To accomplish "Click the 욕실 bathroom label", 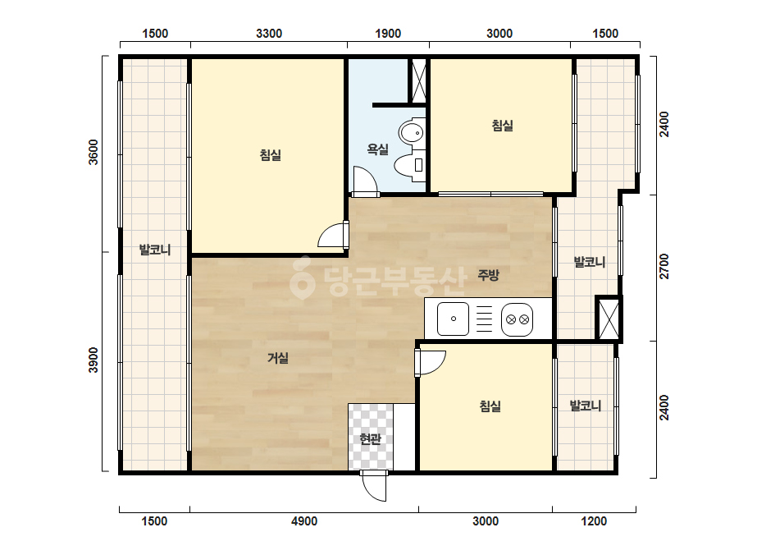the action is (x=377, y=149).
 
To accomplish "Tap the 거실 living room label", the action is (x=278, y=358).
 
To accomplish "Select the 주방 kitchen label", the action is (x=488, y=275).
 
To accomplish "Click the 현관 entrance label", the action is (x=370, y=439).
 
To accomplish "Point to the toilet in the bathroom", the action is (x=409, y=165).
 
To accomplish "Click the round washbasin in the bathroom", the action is (x=412, y=132).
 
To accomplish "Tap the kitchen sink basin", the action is (x=453, y=319).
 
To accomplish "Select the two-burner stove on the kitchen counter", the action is (x=517, y=319).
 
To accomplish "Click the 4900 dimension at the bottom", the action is (x=304, y=521).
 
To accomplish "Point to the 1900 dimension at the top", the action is (x=388, y=34).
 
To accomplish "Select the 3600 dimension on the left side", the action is (x=93, y=152).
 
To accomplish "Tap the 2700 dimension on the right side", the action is (x=665, y=266).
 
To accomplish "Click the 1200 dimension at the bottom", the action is (x=594, y=521).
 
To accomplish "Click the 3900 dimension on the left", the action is (x=93, y=360).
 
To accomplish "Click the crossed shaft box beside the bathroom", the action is (x=418, y=80).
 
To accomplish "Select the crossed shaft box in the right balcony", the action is (x=609, y=319).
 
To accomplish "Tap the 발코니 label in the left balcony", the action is (x=155, y=250).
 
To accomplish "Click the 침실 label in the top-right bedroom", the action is (x=502, y=126).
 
